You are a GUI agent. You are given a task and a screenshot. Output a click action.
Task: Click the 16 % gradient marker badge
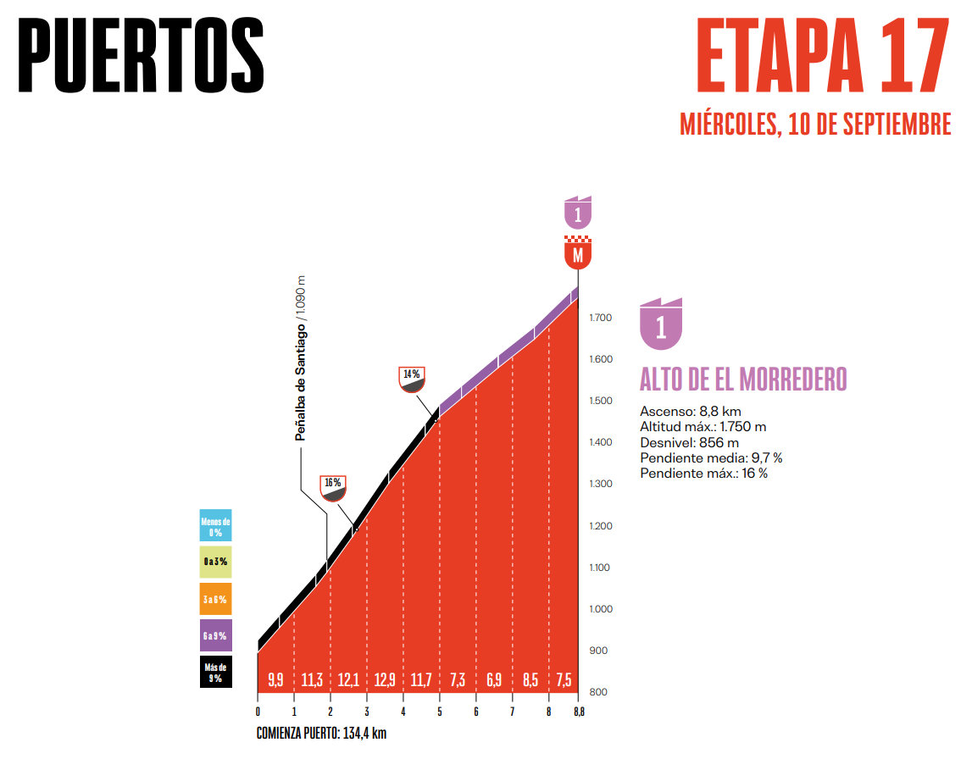pyautogui.click(x=333, y=487)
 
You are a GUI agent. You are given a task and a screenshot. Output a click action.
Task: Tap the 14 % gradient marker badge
pyautogui.click(x=411, y=379)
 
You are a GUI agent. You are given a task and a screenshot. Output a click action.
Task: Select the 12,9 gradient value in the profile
pyautogui.click(x=385, y=679)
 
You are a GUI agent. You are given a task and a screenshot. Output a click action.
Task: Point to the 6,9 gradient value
pyautogui.click(x=494, y=679)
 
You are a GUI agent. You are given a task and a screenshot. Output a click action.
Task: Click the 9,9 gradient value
pyautogui.click(x=275, y=679)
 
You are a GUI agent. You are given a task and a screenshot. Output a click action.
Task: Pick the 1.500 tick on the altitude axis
pyautogui.click(x=601, y=402)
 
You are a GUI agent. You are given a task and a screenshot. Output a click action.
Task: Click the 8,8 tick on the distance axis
pyautogui.click(x=578, y=711)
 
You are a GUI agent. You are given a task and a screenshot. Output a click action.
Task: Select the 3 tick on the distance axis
pyautogui.click(x=367, y=711)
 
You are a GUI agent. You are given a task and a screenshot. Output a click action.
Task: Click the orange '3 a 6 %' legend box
pyautogui.click(x=215, y=599)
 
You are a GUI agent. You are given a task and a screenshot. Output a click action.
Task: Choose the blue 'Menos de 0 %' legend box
pyautogui.click(x=215, y=525)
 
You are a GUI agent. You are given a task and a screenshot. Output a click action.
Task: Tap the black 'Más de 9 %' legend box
pyautogui.click(x=215, y=673)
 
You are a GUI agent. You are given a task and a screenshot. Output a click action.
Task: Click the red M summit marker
pyautogui.click(x=578, y=253)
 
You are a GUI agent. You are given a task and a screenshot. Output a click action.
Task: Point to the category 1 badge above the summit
pyautogui.click(x=578, y=213)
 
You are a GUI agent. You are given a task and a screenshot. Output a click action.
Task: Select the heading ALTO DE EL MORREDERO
pyautogui.click(x=743, y=379)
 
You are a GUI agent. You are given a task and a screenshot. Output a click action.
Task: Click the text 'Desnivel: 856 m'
pyautogui.click(x=689, y=442)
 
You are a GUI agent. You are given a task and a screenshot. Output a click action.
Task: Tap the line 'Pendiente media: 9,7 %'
pyautogui.click(x=711, y=457)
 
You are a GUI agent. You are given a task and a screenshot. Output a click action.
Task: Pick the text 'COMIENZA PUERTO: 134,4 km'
pyautogui.click(x=321, y=734)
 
